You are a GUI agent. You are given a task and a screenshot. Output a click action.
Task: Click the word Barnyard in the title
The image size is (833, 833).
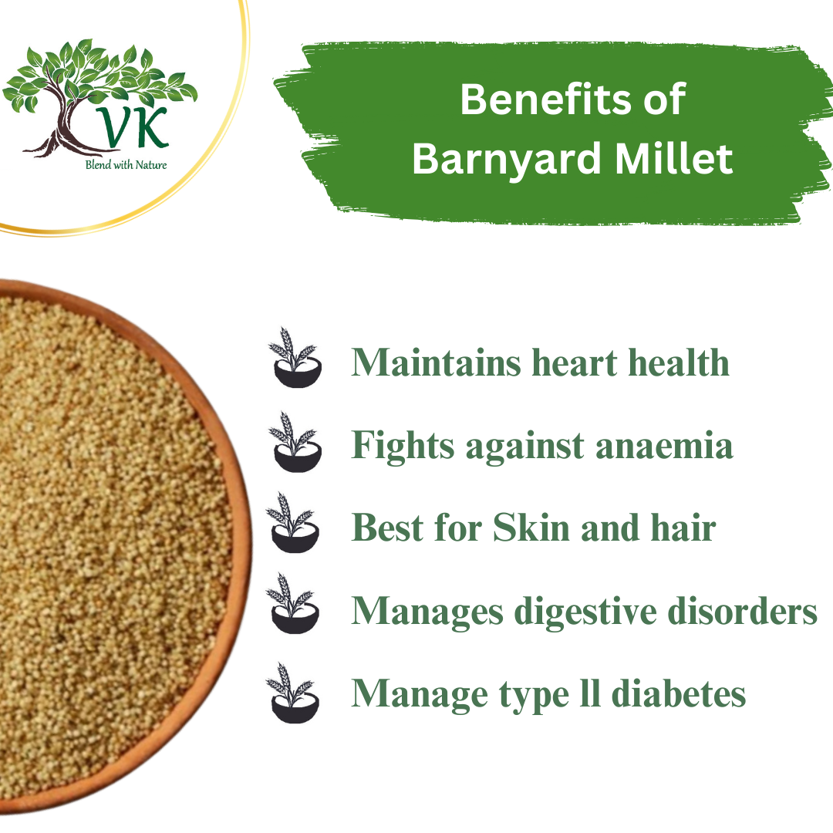(494, 160)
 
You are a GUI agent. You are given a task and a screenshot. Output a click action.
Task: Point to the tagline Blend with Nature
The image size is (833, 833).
(126, 164)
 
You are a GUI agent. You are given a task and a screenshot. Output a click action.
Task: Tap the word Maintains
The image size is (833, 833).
(437, 362)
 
